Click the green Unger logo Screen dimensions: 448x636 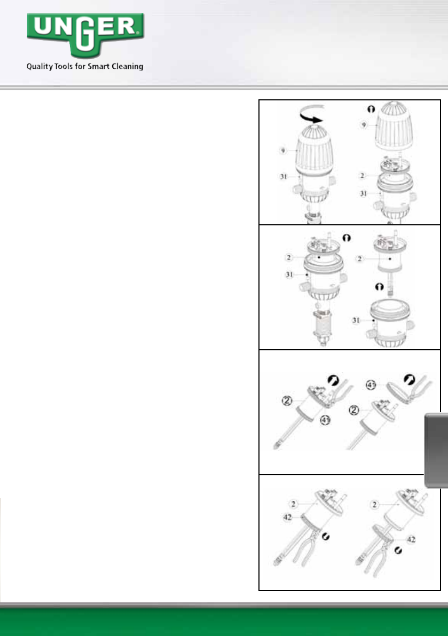click(85, 35)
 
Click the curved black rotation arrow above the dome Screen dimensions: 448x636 click(311, 114)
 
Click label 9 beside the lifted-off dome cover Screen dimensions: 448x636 click(364, 125)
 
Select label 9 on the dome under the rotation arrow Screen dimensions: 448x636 click(283, 151)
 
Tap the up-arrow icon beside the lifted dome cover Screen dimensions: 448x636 click(371, 109)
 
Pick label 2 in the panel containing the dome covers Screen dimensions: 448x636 click(362, 176)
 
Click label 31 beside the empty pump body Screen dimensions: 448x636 click(356, 320)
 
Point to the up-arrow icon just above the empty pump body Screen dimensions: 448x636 click(379, 287)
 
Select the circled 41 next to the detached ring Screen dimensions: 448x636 click(371, 384)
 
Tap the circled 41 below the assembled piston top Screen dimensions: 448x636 click(325, 420)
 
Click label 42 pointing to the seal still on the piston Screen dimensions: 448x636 click(287, 517)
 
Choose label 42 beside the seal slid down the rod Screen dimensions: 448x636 click(411, 539)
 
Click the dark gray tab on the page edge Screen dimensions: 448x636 click(436, 450)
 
